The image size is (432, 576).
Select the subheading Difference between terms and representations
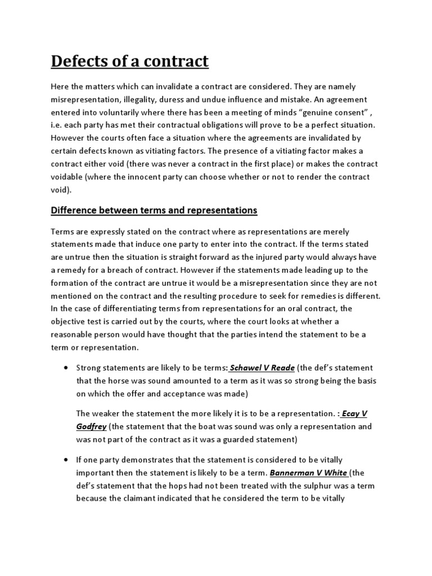pos(154,210)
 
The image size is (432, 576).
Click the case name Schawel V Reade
pos(262,368)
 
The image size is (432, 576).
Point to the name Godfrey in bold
pos(91,426)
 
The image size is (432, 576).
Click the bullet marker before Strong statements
pos(66,368)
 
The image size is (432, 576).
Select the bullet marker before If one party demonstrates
pos(66,460)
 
